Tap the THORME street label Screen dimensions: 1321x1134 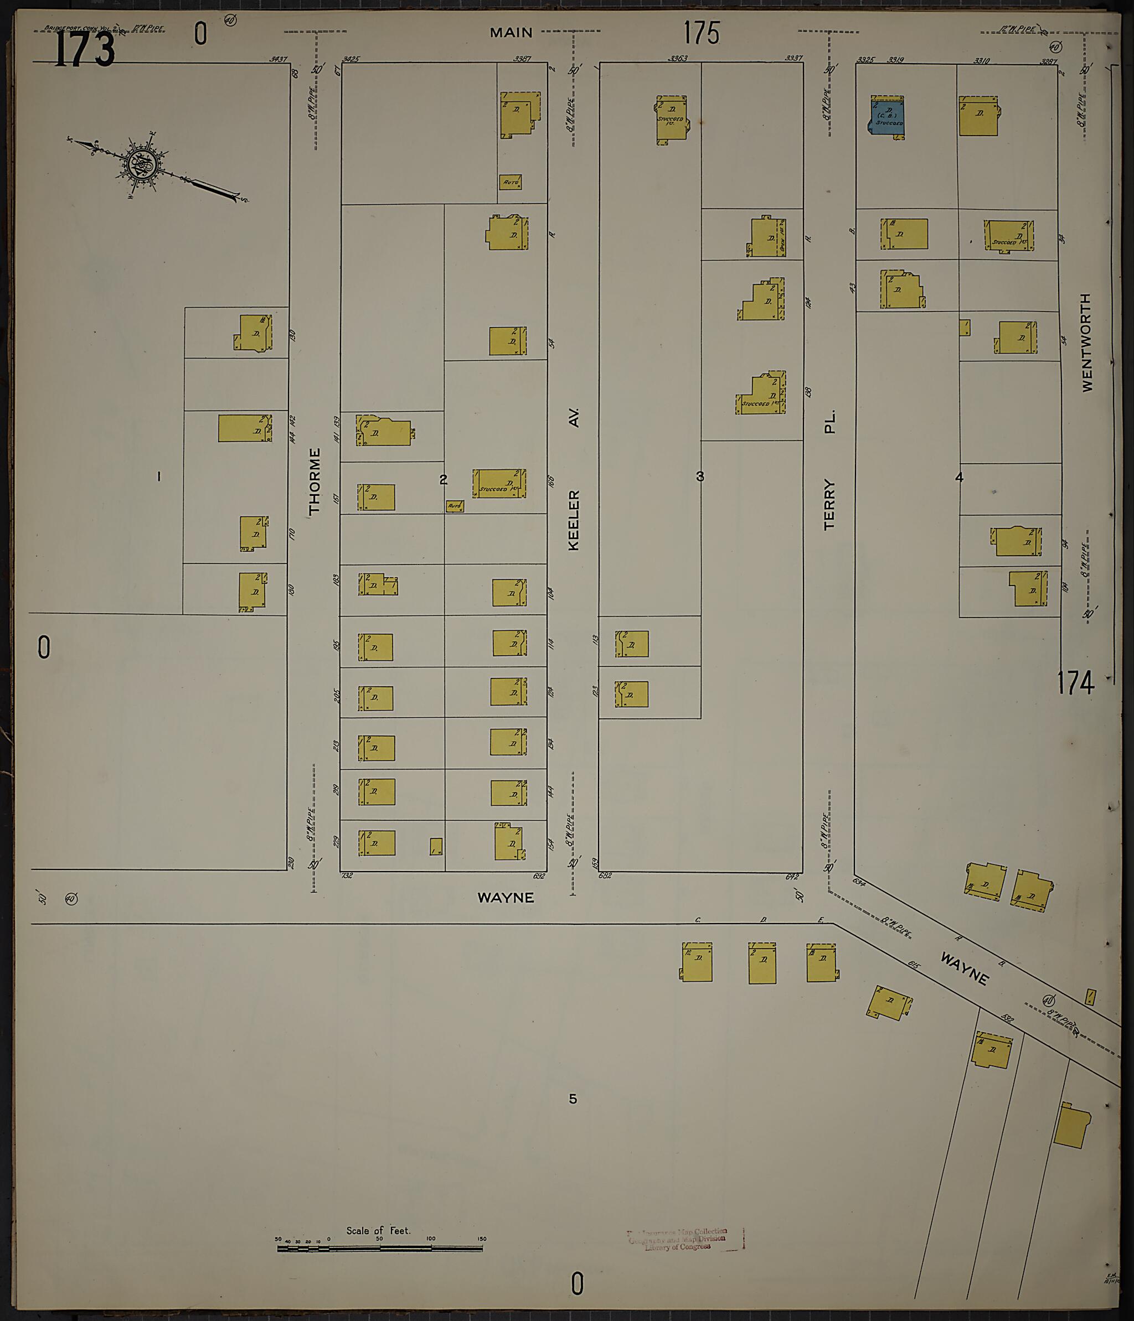point(315,481)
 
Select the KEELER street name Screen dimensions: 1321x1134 point(574,520)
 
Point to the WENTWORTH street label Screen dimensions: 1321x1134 point(1087,343)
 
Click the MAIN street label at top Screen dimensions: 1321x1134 point(511,32)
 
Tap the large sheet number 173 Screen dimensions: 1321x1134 point(84,49)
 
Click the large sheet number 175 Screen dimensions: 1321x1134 point(701,33)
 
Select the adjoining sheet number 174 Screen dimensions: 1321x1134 point(1075,683)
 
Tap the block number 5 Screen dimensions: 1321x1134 point(573,1099)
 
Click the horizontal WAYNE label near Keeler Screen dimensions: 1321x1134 point(505,898)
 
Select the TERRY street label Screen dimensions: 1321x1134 point(829,504)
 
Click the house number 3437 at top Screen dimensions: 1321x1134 point(278,59)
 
